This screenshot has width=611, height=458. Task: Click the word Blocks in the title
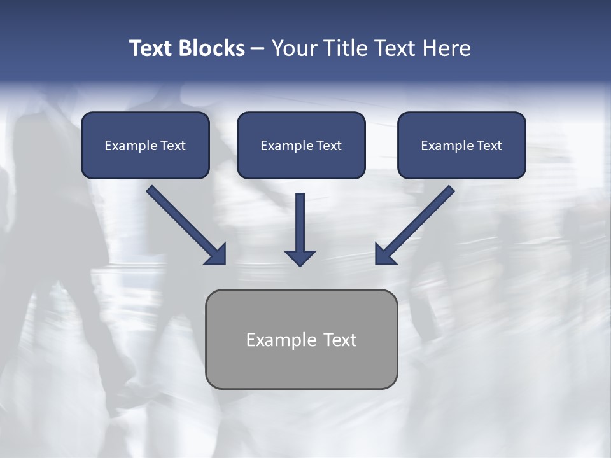(213, 48)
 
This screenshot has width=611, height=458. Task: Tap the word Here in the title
(447, 48)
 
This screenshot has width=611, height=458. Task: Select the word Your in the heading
(293, 48)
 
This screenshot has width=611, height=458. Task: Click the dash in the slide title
(258, 49)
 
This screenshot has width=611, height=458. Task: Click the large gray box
(301, 369)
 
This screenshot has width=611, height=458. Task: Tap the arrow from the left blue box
(181, 223)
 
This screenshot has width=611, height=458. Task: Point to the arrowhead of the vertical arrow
(300, 258)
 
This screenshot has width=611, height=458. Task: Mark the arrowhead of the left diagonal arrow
(216, 255)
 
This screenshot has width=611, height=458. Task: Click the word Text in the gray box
(340, 340)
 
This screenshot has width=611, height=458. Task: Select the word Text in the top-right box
(489, 146)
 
